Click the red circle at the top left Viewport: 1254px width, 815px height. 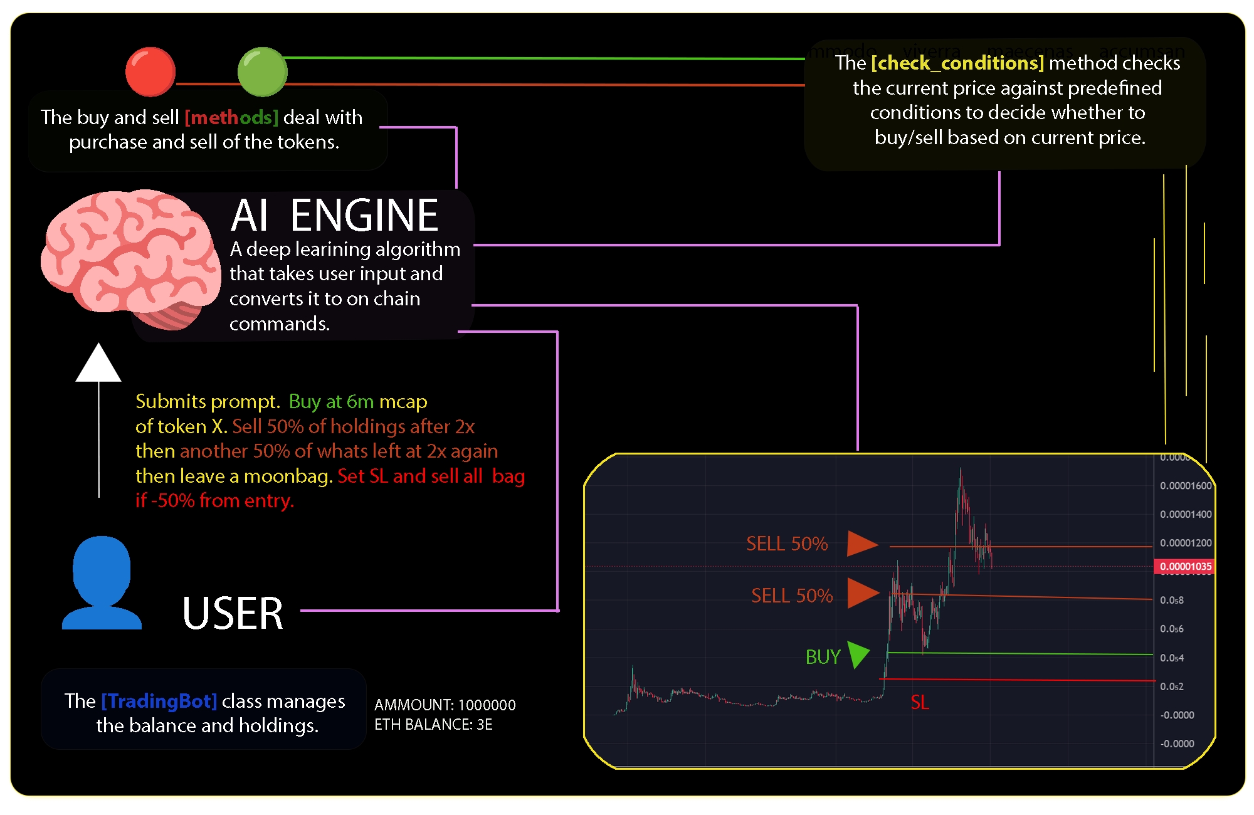pyautogui.click(x=150, y=71)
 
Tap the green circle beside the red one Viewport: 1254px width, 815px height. pyautogui.click(x=262, y=71)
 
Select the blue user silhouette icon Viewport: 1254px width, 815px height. pyautogui.click(x=102, y=583)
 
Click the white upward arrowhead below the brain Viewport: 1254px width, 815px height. pyautogui.click(x=98, y=364)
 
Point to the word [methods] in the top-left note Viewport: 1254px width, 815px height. pyautogui.click(x=231, y=117)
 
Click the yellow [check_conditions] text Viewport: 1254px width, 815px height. pyautogui.click(x=957, y=63)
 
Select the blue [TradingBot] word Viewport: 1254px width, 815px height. pyautogui.click(x=159, y=700)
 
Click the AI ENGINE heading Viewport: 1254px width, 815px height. pyautogui.click(x=334, y=215)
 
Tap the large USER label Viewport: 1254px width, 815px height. pyautogui.click(x=233, y=613)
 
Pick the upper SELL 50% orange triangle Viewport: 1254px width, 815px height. pyautogui.click(x=861, y=544)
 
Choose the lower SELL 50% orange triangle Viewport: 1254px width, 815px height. pyautogui.click(x=862, y=593)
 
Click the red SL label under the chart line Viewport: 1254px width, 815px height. pyautogui.click(x=920, y=702)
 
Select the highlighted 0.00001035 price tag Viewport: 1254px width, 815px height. pyautogui.click(x=1185, y=567)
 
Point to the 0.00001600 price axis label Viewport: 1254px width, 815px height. pyautogui.click(x=1185, y=486)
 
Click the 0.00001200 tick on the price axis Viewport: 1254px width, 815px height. pyautogui.click(x=1185, y=543)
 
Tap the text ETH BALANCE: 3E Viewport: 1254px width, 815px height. pyautogui.click(x=433, y=725)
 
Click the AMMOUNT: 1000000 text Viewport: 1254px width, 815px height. pyautogui.click(x=445, y=705)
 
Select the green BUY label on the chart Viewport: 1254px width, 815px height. pyautogui.click(x=823, y=656)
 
